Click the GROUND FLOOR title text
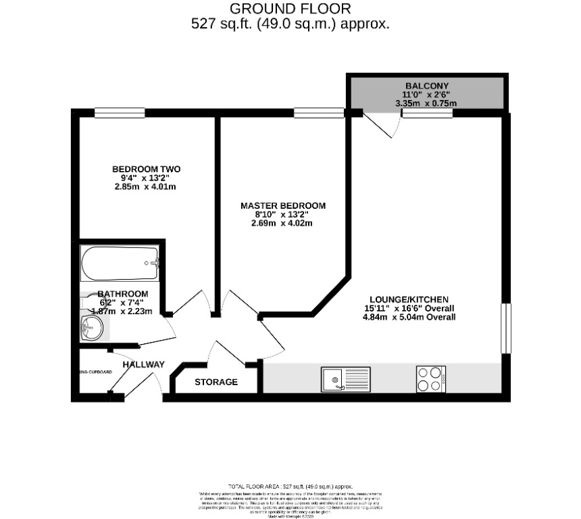point(290,9)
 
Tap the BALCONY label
point(426,85)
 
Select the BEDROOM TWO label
point(146,169)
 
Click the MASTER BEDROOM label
point(283,205)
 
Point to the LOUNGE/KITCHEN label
point(409,299)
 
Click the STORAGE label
point(216,382)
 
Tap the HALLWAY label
point(143,365)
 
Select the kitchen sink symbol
point(345,379)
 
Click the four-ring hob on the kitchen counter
point(430,378)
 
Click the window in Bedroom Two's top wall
point(119,113)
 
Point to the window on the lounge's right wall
point(505,328)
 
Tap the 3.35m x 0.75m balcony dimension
point(426,103)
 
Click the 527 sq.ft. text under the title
point(290,24)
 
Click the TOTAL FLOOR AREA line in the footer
point(290,486)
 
